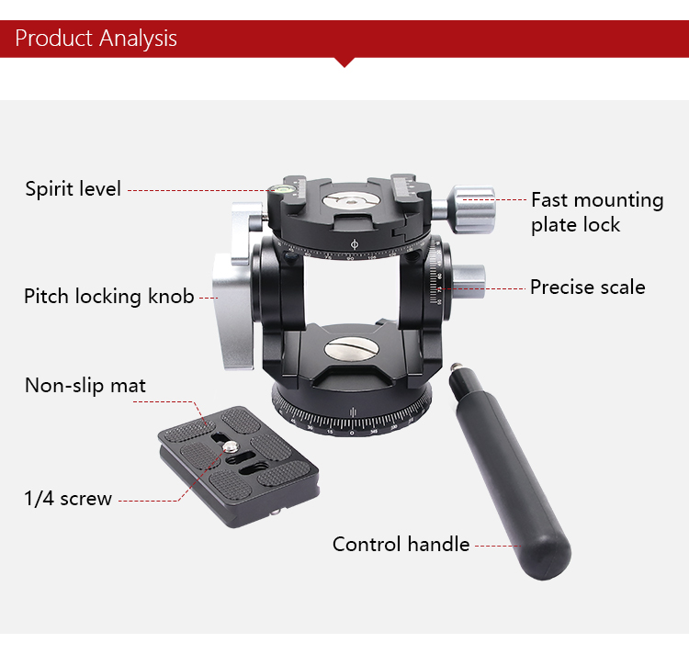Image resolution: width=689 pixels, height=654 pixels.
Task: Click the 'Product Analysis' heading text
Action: click(x=96, y=39)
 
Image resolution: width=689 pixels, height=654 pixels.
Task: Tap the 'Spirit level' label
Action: click(x=73, y=189)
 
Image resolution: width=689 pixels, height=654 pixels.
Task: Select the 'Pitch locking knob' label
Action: click(x=109, y=296)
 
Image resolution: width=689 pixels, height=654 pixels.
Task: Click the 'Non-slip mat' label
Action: click(x=85, y=385)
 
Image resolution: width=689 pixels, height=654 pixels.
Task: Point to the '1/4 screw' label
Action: click(x=68, y=499)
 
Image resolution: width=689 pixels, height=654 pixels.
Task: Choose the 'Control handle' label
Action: click(x=401, y=544)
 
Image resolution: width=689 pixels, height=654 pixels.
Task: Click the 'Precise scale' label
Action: click(x=587, y=288)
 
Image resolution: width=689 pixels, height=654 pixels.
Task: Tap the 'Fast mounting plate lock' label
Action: click(x=596, y=212)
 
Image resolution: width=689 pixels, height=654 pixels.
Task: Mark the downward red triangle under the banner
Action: click(x=344, y=62)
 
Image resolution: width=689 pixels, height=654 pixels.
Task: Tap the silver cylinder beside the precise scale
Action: click(x=469, y=276)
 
